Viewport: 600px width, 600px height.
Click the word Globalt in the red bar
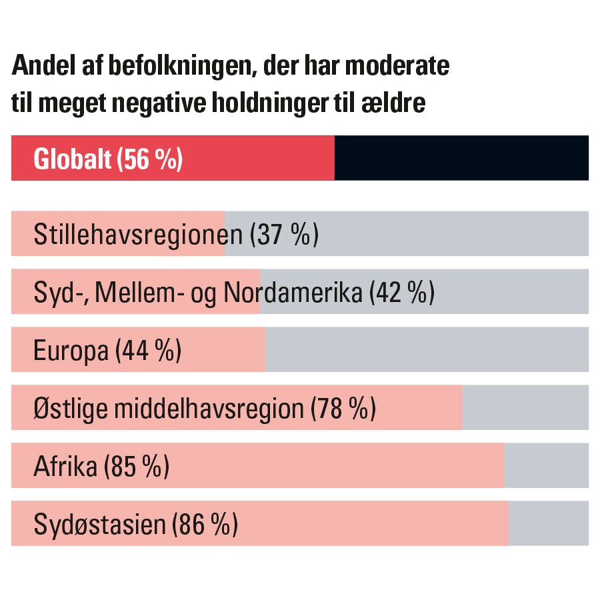point(72,159)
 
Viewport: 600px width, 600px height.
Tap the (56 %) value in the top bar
point(149,159)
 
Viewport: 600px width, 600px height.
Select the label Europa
point(71,351)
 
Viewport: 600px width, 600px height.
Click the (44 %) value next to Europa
point(148,351)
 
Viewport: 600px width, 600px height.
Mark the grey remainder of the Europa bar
point(427,350)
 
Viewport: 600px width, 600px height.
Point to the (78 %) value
point(343,409)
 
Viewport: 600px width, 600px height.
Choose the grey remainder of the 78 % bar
point(525,407)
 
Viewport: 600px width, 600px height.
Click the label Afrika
point(65,467)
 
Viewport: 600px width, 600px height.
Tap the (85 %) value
point(137,467)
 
